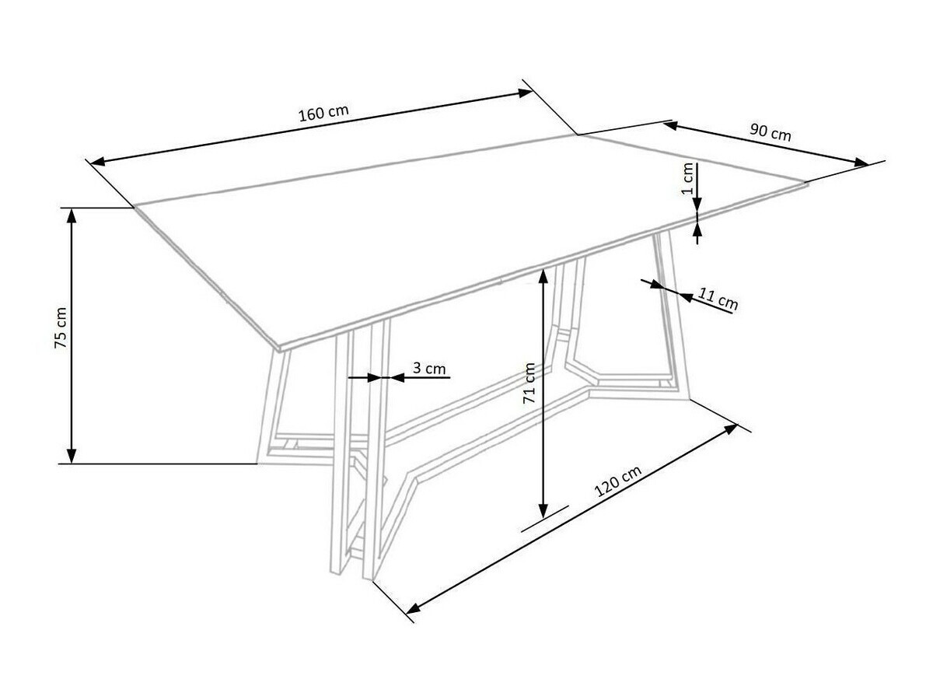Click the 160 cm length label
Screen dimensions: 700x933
coord(323,114)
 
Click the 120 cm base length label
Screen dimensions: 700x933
coord(618,482)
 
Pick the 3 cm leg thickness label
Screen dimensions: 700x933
coord(430,369)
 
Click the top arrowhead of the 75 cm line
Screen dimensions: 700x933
coord(72,214)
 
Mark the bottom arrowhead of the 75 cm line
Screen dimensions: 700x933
coord(72,457)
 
